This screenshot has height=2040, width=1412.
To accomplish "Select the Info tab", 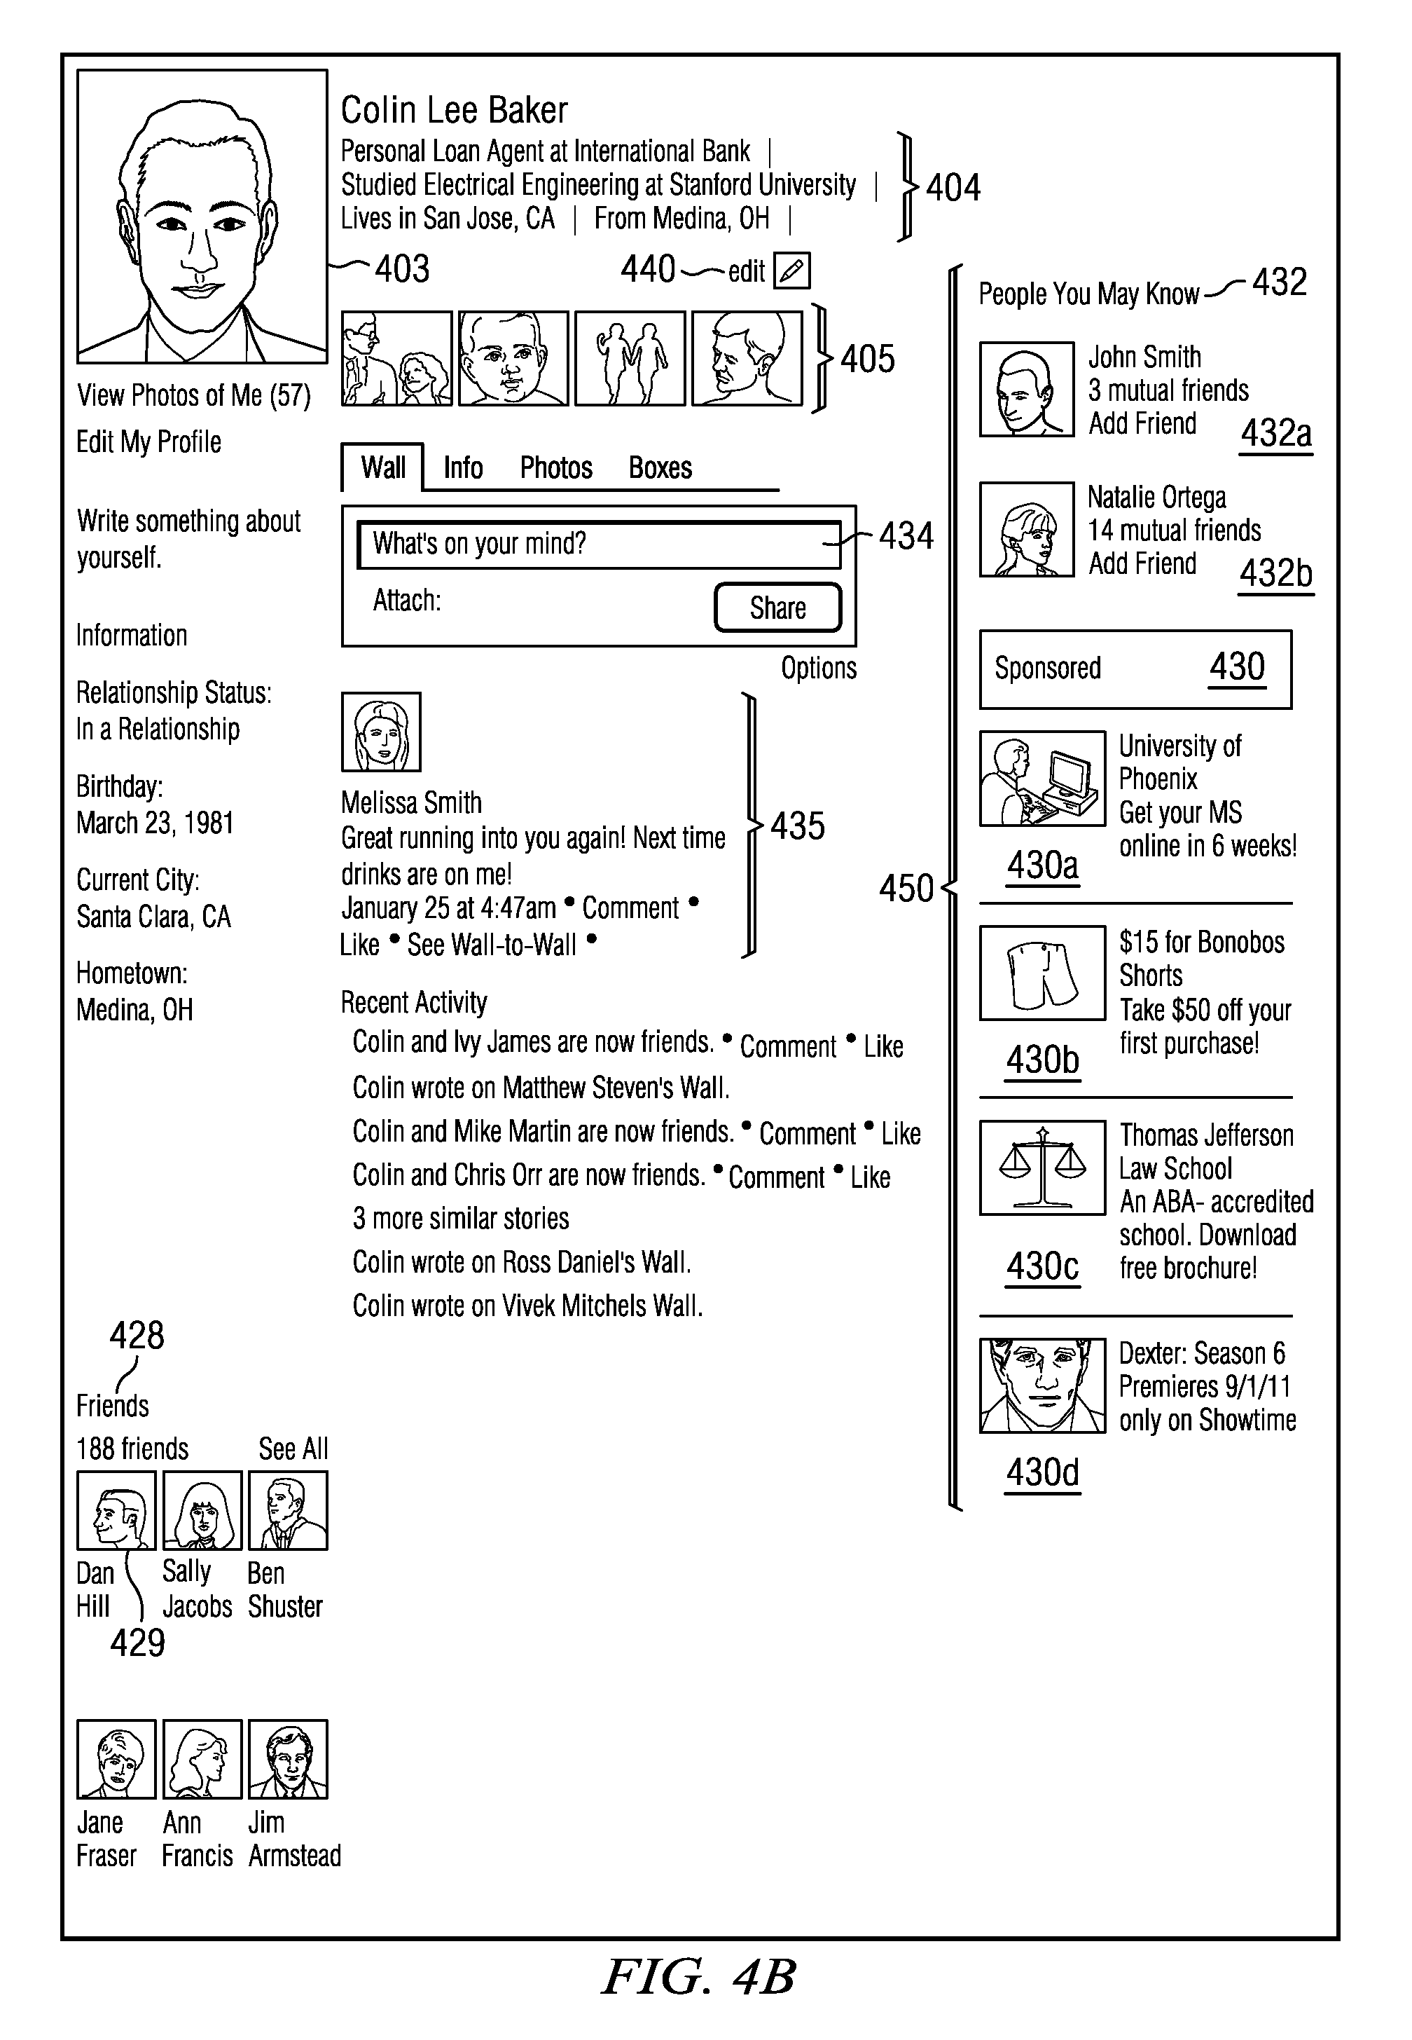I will click(x=463, y=467).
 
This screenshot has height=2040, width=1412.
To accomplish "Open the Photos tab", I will click(x=555, y=467).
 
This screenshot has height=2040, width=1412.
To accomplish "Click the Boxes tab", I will click(x=660, y=467).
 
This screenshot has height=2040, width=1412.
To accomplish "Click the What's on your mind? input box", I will click(x=598, y=543).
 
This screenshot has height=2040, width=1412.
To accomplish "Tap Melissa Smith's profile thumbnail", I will click(x=381, y=732).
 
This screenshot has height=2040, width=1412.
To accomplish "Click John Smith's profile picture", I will click(x=1026, y=390).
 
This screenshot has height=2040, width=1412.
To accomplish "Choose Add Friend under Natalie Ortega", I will click(x=1142, y=563).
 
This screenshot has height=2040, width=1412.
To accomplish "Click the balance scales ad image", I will click(x=1042, y=1168).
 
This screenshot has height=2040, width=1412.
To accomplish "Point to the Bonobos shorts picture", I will click(x=1042, y=973).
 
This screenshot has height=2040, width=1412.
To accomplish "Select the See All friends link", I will click(x=293, y=1449).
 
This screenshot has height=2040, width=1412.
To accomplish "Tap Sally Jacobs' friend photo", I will click(x=202, y=1511).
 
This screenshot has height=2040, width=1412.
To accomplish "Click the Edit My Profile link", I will click(x=148, y=441).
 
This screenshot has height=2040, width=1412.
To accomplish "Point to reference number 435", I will click(x=797, y=826).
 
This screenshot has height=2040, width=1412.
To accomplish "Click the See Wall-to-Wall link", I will click(x=492, y=945).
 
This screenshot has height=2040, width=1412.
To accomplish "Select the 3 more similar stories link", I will click(x=460, y=1219).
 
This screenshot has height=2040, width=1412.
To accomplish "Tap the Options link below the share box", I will click(x=818, y=668).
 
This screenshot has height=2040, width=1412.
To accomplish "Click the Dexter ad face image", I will click(x=1042, y=1385).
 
